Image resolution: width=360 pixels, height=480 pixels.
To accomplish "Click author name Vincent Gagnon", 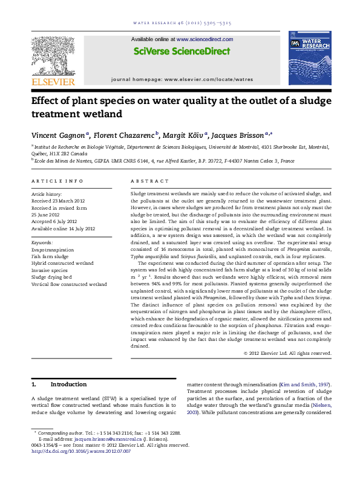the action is (59, 134).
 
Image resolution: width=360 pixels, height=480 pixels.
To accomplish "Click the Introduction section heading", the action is (68, 384).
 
